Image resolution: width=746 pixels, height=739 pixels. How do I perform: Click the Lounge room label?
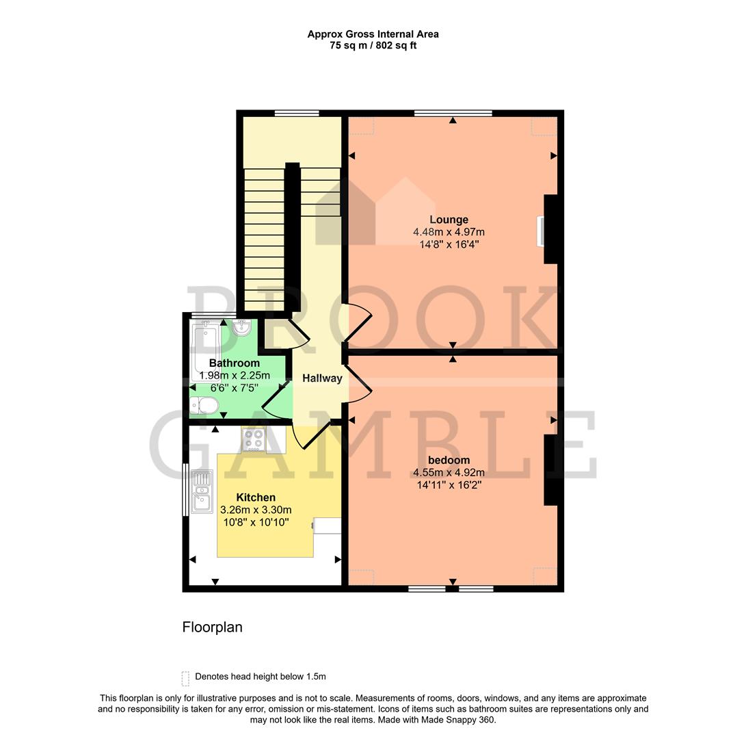449,220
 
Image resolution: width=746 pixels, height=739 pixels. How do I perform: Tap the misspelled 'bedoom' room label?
449,460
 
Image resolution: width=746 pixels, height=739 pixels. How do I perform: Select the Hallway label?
322,378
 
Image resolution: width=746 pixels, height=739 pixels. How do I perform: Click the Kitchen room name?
256,497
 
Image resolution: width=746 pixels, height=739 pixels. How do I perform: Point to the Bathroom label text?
234,363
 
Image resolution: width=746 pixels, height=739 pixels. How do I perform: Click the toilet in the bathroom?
204,406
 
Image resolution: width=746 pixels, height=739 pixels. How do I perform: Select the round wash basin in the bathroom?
242,329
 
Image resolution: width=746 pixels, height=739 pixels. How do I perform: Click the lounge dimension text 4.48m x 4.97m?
449,232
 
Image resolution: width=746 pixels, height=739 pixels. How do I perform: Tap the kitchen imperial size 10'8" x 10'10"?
255,522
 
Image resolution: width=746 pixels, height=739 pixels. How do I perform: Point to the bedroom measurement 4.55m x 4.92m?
449,472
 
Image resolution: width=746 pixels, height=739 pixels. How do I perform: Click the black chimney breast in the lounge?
552,229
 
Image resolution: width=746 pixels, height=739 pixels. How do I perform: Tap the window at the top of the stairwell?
297,114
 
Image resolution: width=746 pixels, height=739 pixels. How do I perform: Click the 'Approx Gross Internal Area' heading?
373,34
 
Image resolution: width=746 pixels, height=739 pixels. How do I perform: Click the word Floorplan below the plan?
212,627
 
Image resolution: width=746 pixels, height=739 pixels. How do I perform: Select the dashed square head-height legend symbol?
185,677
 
